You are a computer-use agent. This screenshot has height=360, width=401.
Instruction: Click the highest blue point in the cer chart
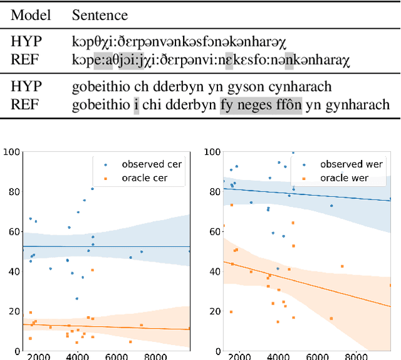(x=92, y=189)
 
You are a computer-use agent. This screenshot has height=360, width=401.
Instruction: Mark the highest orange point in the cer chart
(x=92, y=270)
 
